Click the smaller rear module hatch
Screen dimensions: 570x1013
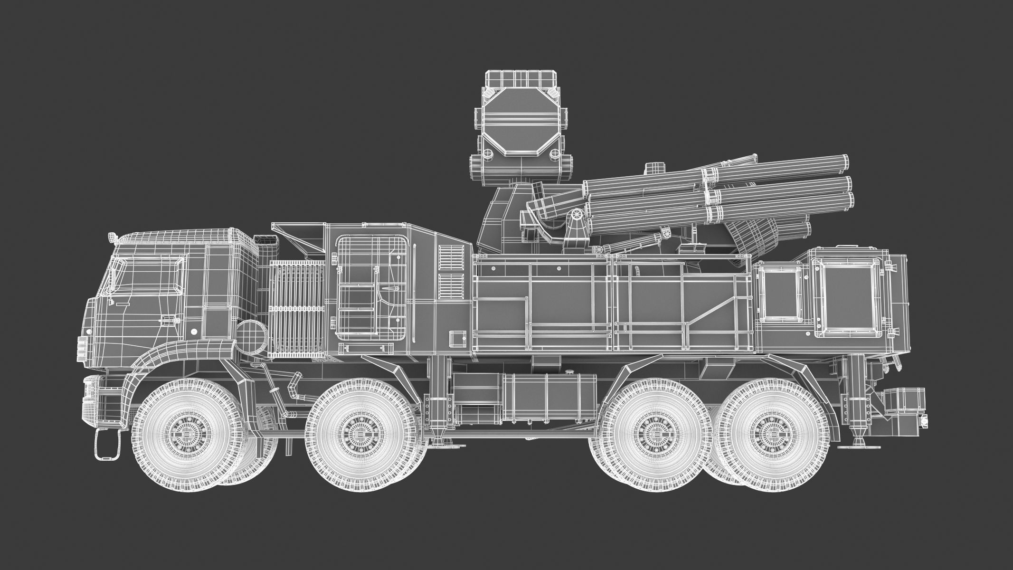pyautogui.click(x=779, y=293)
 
